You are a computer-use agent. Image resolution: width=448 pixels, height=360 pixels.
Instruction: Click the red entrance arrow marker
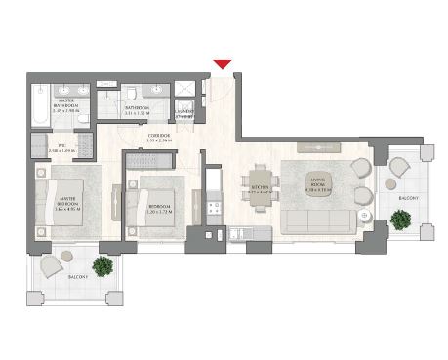(x=223, y=64)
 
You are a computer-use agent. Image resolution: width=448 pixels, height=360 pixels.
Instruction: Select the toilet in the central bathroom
(x=131, y=94)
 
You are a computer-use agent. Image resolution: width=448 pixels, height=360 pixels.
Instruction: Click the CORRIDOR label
(x=159, y=137)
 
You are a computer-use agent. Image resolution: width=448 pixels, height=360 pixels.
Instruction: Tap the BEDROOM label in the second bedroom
(x=160, y=208)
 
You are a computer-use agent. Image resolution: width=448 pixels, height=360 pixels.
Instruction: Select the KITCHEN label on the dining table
(x=261, y=189)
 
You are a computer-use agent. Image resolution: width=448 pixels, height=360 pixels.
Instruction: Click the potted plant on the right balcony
(x=399, y=165)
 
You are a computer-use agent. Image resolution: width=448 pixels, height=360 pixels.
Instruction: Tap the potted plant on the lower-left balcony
(x=102, y=265)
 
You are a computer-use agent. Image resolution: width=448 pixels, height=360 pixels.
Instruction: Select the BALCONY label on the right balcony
(x=410, y=198)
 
